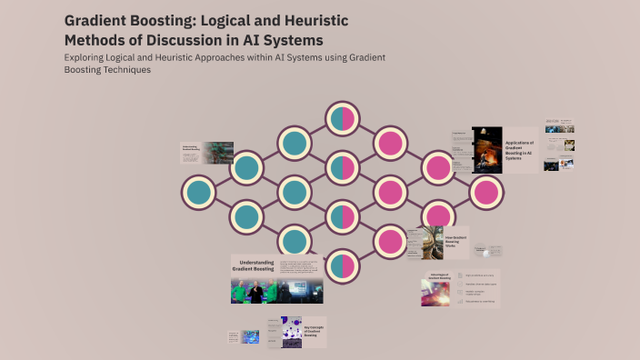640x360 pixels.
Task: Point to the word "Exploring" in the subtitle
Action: [90, 57]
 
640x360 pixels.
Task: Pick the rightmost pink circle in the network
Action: [485, 192]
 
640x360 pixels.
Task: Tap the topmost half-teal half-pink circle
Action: [341, 118]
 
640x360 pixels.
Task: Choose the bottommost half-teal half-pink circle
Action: [341, 265]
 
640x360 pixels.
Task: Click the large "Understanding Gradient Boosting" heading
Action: [255, 266]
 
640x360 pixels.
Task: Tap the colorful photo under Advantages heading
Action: [435, 294]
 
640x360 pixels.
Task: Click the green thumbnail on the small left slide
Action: [218, 151]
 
